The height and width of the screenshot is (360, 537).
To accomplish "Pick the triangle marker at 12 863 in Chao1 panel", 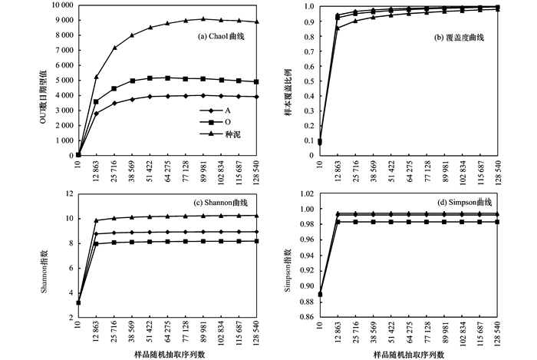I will point(96,77).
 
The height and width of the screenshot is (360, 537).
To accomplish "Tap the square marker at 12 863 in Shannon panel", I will point(96,243).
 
